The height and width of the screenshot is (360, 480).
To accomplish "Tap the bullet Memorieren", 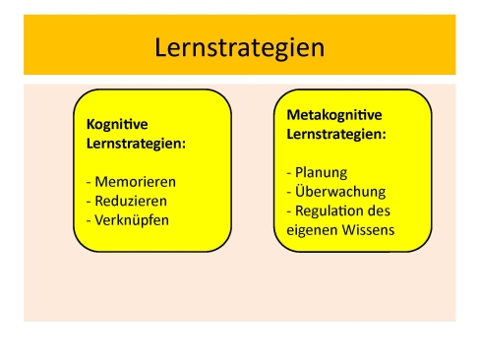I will pos(134,182).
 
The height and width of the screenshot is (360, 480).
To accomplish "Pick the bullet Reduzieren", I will pos(130,201).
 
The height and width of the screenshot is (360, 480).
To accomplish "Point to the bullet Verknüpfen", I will pos(132,219).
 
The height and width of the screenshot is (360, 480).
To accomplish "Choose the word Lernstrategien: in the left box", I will pos(136,145).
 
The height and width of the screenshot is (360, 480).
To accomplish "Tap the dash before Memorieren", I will pos(90,182).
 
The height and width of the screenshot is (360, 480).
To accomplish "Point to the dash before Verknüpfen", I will pos(90,219).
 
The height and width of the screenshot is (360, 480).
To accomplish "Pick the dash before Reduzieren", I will pos(90,201).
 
